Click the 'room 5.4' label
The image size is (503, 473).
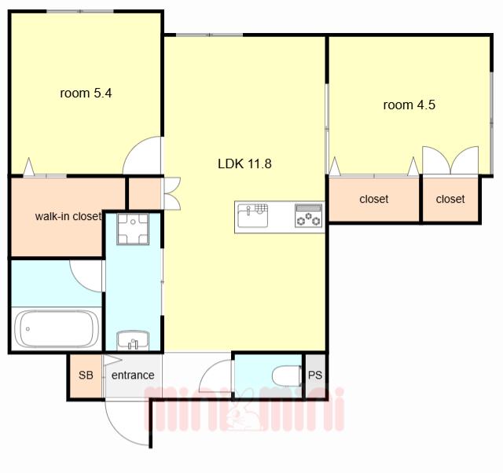pos(86,93)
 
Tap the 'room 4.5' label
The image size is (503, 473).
pos(409,104)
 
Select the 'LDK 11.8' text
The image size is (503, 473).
pos(244,164)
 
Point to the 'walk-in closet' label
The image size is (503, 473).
pos(68,216)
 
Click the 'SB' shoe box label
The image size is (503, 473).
pos(86,375)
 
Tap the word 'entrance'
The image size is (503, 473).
pos(133,376)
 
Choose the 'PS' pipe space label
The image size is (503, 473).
pos(315,376)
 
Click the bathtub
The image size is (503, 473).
pos(57,328)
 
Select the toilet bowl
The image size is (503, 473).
pos(287,376)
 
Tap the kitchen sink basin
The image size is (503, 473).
pos(253,215)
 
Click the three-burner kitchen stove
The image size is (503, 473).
pos(309,215)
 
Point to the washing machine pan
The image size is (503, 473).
pos(133,229)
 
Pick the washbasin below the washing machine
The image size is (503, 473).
pos(133,340)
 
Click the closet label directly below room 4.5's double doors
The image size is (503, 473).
pos(450,199)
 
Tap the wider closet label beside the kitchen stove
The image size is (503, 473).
pos(374,199)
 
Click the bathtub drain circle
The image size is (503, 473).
pos(28,329)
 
